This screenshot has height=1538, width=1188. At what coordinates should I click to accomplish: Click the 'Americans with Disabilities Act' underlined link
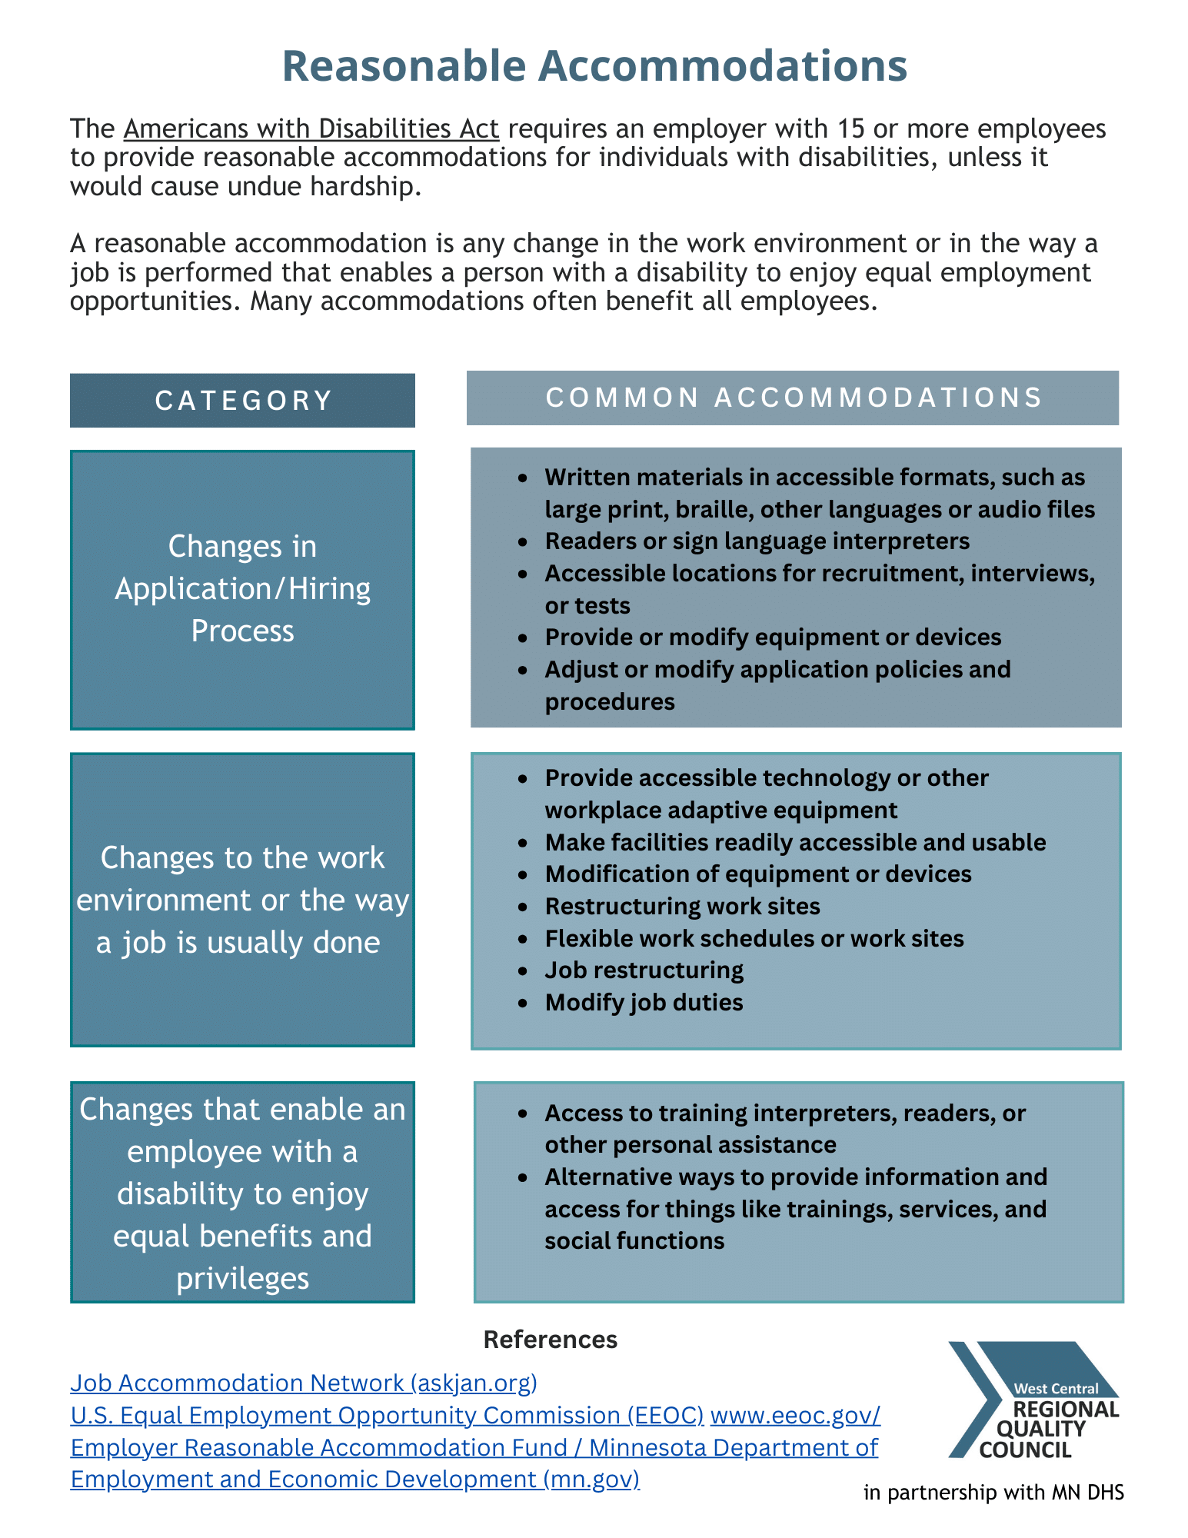pos(311,128)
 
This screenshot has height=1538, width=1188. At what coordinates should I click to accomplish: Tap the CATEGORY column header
pos(243,401)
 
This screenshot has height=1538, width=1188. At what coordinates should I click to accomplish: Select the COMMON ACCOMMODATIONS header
pos(793,398)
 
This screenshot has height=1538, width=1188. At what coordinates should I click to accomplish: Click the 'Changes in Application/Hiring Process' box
pos(243,589)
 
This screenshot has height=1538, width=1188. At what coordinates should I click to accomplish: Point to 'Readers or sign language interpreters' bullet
pos(757,541)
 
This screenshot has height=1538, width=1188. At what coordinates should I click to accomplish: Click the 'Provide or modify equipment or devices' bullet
pos(773,638)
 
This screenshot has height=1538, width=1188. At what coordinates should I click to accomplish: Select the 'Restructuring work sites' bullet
pos(682,907)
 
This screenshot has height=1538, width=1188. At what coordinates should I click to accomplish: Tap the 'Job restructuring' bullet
pos(644,970)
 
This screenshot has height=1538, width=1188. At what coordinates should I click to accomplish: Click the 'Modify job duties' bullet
pos(644,1003)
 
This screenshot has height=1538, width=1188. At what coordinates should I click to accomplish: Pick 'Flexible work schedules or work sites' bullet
pos(754,939)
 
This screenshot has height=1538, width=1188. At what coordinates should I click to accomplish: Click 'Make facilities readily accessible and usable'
pos(795,843)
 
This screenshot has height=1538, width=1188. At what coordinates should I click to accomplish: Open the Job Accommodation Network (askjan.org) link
pos(304,1383)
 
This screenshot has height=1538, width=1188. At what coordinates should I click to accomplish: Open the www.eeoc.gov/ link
pos(795,1415)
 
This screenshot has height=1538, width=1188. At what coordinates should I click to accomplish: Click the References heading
pos(550,1340)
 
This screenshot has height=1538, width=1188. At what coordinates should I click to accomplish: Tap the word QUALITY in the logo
pos(1040,1430)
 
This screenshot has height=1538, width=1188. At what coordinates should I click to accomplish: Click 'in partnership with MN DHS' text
pos(993,1493)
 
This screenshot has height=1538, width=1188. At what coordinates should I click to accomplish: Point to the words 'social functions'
pos(634,1241)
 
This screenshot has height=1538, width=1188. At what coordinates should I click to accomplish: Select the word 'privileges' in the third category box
pos(243,1278)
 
